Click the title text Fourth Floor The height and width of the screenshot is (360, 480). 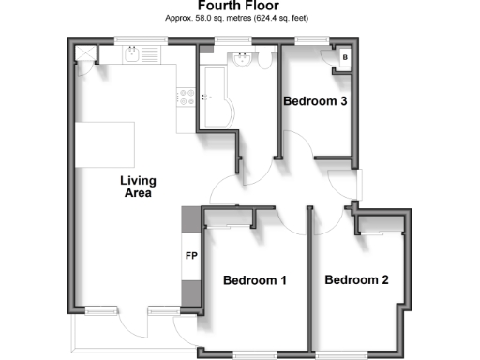[x=239, y=6]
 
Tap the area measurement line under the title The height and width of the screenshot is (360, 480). [x=239, y=18]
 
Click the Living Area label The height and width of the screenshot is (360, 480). [x=138, y=187]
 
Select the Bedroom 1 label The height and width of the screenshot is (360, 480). [x=255, y=280]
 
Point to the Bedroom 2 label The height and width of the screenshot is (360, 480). [x=356, y=279]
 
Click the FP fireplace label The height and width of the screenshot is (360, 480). [x=191, y=257]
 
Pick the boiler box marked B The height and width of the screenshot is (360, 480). [x=345, y=58]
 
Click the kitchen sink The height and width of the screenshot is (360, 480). [x=134, y=55]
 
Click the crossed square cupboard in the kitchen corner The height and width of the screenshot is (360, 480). [x=84, y=52]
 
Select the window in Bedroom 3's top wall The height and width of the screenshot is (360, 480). [x=307, y=40]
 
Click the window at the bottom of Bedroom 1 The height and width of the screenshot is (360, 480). [x=255, y=353]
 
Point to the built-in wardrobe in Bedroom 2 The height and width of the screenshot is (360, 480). [x=380, y=224]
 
